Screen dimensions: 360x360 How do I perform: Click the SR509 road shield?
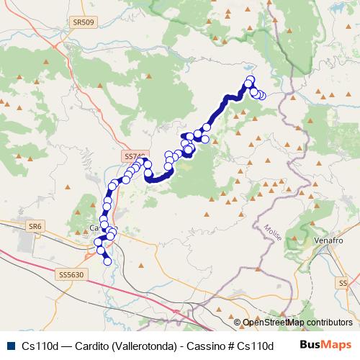[84, 22]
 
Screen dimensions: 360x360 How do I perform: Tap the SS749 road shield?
[135, 156]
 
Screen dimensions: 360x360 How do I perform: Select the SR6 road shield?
[35, 226]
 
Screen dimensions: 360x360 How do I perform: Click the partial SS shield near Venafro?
[343, 283]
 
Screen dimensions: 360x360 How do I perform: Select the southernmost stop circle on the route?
[108, 261]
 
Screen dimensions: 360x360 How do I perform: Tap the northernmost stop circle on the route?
[251, 79]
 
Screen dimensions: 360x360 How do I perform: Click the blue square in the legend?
[11, 346]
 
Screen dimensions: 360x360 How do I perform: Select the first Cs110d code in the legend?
[39, 346]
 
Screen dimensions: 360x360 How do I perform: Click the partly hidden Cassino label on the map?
[94, 229]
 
